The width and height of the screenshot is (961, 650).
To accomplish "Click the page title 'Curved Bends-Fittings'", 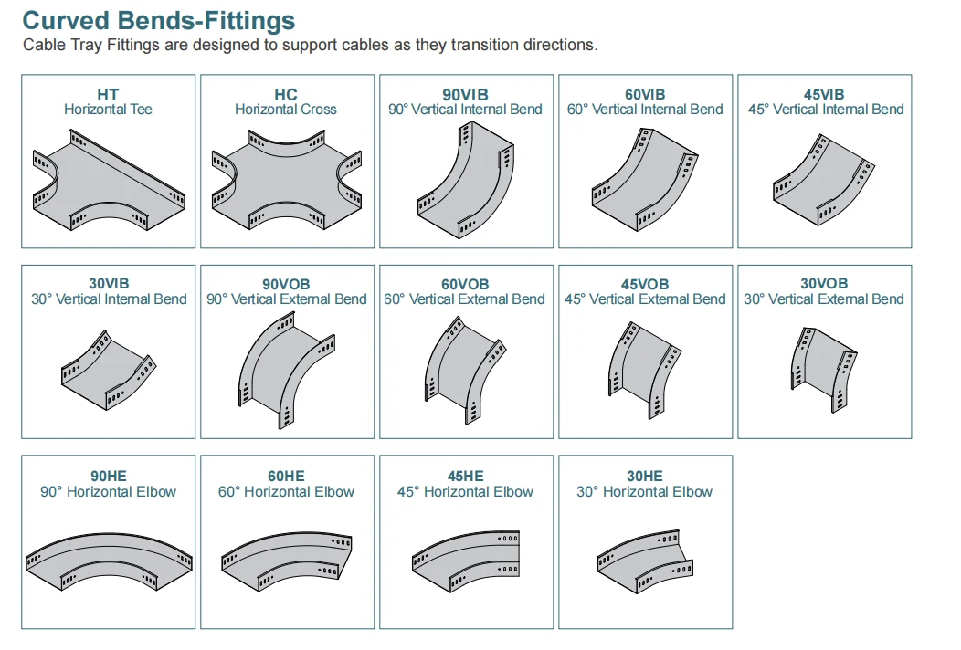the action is point(159,20).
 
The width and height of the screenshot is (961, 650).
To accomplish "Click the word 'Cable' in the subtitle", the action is point(44,46).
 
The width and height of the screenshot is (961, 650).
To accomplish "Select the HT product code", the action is point(108,95).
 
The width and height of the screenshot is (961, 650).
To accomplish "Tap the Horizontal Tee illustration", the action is point(109,181).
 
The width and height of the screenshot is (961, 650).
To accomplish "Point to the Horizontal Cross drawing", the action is point(287,181).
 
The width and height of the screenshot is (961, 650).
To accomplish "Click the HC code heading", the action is point(286,95).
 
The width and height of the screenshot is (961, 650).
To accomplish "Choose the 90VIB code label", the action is point(465,95).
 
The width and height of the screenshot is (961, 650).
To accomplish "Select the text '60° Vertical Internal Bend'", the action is point(645,110).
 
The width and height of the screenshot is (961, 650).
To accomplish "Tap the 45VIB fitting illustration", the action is point(824,179).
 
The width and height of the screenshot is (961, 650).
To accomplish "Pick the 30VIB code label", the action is point(109,284).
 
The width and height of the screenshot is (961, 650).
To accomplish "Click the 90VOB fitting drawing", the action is point(287,370).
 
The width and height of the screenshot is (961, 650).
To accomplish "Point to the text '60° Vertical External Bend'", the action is point(464,299).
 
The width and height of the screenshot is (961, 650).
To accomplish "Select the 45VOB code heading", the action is point(645,285).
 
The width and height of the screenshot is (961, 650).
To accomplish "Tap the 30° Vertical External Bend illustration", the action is point(824,369).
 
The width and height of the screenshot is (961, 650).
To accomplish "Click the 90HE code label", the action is point(109,477).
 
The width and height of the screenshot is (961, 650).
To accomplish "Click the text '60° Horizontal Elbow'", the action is point(286,492).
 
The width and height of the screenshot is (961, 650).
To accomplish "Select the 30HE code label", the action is point(645,477).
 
